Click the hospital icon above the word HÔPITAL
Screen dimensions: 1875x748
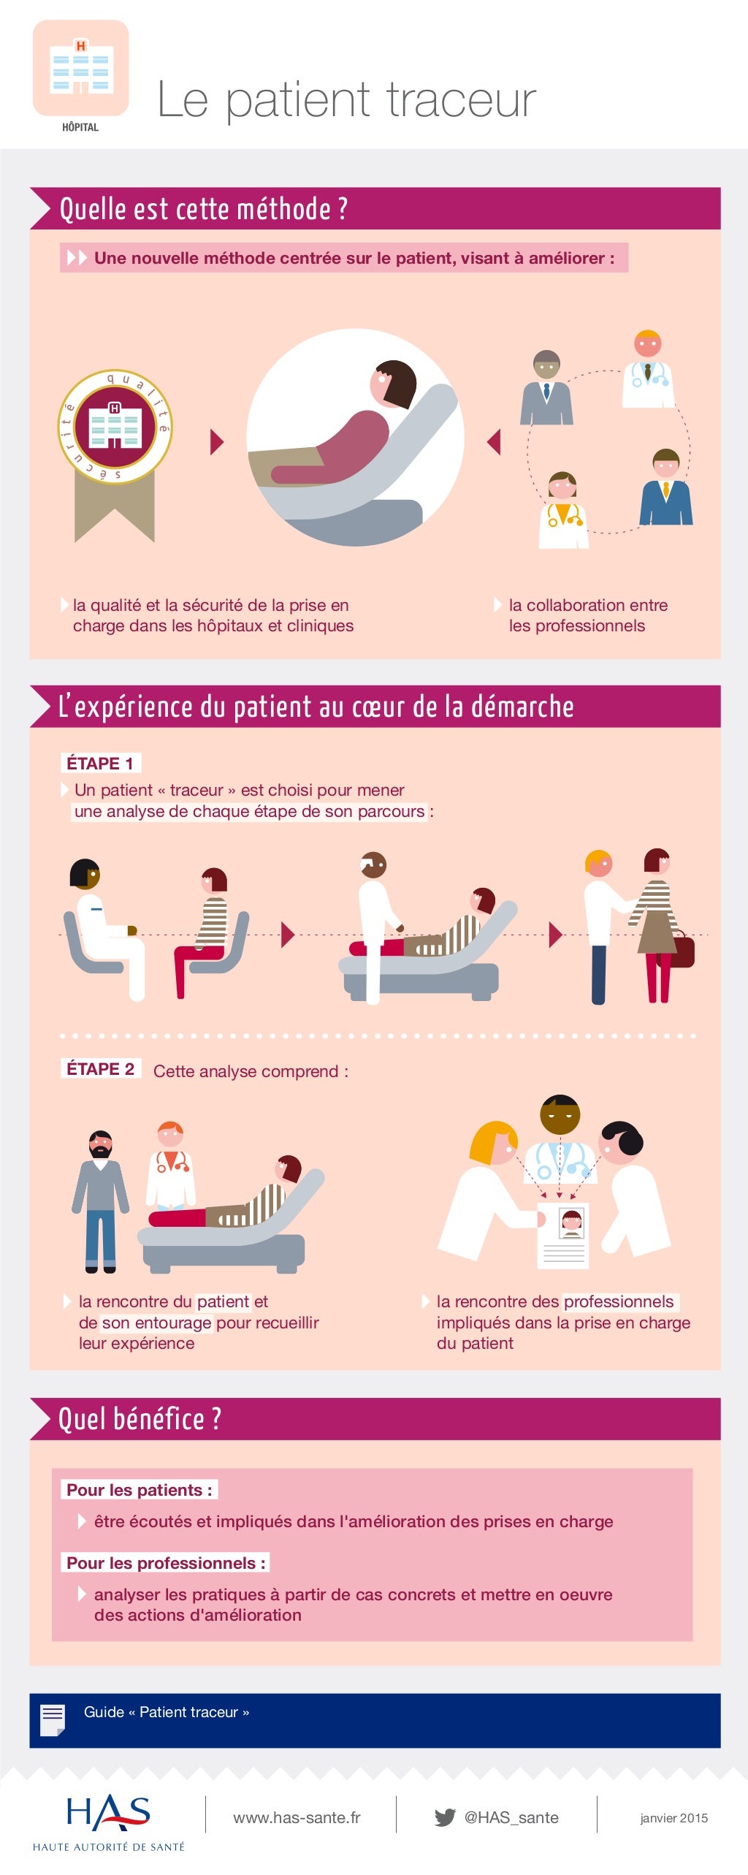point(80,69)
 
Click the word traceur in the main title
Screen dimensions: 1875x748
point(461,100)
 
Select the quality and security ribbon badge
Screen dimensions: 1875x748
point(115,438)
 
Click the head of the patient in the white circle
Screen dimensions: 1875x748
point(392,384)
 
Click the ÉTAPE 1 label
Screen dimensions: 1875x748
point(100,764)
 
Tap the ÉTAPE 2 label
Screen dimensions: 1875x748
point(100,1069)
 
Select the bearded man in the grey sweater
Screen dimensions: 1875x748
point(101,1198)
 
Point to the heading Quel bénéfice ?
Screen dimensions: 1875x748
point(140,1419)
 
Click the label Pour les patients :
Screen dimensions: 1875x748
point(139,1490)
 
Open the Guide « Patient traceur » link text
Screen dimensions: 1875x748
point(167,1712)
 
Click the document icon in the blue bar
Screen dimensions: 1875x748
point(53,1720)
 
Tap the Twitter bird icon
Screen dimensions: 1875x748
point(444,1817)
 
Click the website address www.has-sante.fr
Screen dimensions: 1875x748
point(297,1818)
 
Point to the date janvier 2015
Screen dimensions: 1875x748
point(673,1818)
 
